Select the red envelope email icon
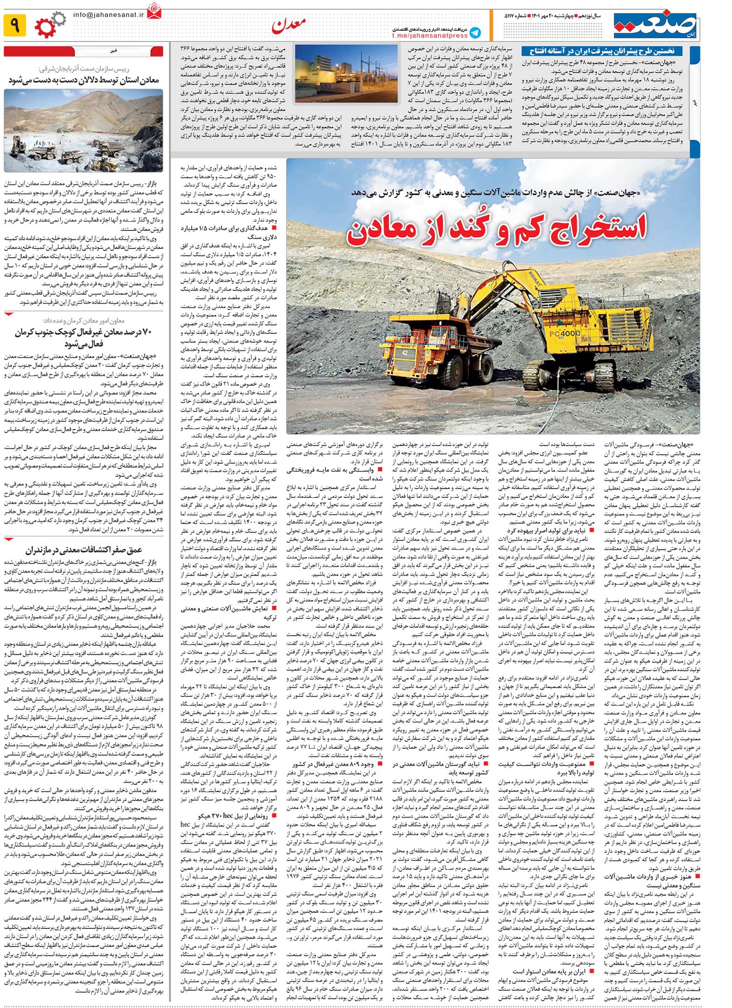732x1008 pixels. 154,11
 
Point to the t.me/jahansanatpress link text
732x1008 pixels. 429,36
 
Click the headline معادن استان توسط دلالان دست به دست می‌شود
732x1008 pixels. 83,80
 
